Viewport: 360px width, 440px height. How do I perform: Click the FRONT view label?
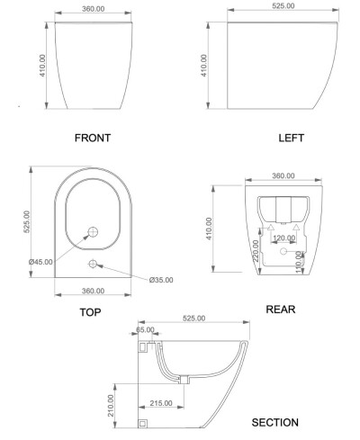click(93, 138)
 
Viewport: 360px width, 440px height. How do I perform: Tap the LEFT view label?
click(292, 138)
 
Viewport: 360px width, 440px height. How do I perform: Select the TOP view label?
click(90, 312)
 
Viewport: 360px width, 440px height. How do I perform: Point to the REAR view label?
click(281, 310)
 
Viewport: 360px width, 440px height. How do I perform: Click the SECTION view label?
click(274, 423)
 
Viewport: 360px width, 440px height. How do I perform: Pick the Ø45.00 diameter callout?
click(40, 262)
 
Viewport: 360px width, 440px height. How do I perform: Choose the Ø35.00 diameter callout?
click(161, 280)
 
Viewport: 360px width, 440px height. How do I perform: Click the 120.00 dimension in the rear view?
click(284, 238)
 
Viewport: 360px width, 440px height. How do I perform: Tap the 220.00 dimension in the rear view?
click(256, 251)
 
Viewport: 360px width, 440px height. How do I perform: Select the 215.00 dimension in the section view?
click(161, 403)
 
